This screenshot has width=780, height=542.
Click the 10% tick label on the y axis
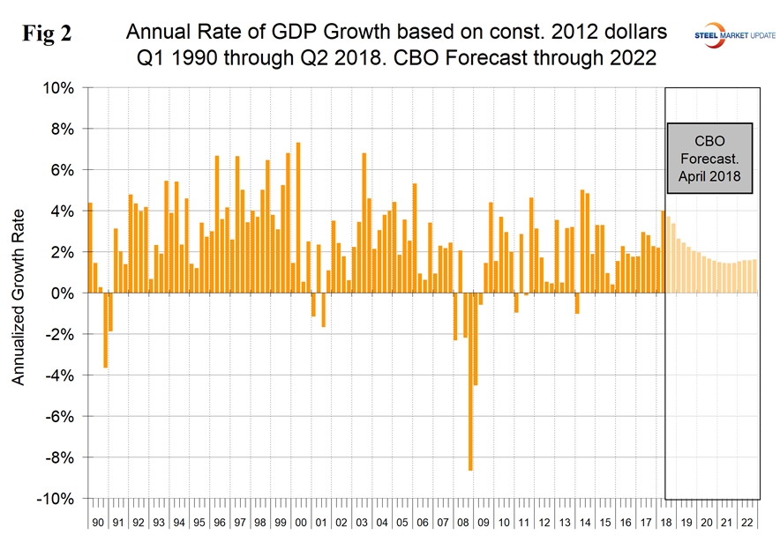(59, 88)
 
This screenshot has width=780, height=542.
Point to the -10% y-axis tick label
(56, 498)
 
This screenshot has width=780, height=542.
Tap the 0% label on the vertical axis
(64, 293)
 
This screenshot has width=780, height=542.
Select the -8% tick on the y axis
(60, 457)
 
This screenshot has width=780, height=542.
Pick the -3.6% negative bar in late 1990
(105, 330)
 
